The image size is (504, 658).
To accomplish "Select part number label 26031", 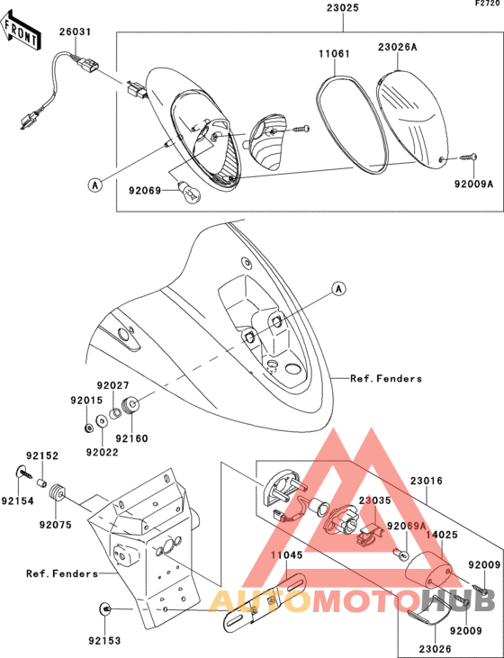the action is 75,32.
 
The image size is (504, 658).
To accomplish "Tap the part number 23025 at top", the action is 343,8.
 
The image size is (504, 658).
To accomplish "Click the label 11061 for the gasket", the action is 334,54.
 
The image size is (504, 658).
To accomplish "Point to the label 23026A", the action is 398,47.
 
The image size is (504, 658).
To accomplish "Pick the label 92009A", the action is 473,184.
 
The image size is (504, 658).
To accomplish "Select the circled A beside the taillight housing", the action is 95,185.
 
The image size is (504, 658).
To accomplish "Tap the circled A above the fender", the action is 338,289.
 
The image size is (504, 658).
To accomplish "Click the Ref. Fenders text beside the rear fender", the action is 386,379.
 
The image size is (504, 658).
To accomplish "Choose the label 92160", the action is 131,438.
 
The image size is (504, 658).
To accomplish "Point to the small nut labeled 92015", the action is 87,428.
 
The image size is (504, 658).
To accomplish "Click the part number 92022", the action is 103,452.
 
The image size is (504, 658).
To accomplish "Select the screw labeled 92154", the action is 25,473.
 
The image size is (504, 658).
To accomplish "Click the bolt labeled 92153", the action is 106,608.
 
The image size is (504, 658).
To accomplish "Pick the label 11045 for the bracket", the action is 286,555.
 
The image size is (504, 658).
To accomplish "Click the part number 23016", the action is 427,481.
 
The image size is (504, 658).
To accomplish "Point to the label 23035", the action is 374,500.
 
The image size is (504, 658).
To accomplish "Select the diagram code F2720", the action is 488,4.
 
